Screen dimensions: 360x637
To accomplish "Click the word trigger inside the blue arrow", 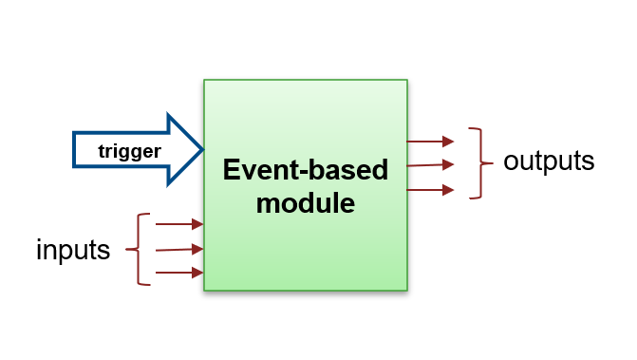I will click(130, 150).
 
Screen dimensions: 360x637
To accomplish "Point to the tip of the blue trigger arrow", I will click(202, 149).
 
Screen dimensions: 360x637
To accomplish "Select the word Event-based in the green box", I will click(305, 171).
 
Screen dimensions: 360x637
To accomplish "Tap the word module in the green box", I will click(305, 202).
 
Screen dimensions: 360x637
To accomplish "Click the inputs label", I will click(73, 250).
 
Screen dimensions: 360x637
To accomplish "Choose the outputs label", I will click(549, 161).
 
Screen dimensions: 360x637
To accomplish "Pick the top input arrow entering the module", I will click(179, 225).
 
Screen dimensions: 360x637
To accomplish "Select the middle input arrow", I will click(179, 250).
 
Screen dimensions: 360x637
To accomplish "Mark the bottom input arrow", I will click(179, 274).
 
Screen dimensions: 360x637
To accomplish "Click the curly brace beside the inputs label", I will click(142, 250).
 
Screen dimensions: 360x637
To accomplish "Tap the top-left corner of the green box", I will click(204, 81).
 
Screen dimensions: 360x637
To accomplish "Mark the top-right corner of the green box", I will click(407, 81).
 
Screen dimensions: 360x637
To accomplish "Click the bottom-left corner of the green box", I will click(204, 290).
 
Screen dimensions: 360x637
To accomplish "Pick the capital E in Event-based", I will click(231, 171).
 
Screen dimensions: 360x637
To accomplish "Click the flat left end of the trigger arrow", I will click(74, 149).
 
